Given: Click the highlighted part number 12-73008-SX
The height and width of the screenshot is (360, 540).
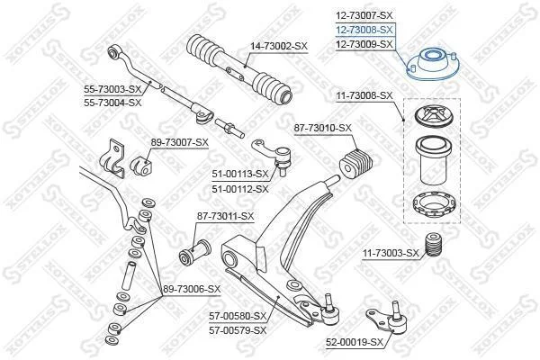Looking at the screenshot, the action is pyautogui.click(x=364, y=30).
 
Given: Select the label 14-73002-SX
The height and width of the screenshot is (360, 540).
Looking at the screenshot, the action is pyautogui.click(x=279, y=46).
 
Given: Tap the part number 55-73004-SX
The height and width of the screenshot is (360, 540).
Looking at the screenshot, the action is pyautogui.click(x=112, y=103).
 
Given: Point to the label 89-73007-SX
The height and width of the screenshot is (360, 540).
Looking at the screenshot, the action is pyautogui.click(x=179, y=142).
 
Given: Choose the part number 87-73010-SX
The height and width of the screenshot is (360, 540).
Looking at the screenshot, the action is pyautogui.click(x=323, y=128).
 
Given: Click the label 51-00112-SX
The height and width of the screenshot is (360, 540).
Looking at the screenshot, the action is pyautogui.click(x=240, y=189).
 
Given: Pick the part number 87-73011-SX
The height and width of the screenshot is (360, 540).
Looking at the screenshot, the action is pyautogui.click(x=225, y=216).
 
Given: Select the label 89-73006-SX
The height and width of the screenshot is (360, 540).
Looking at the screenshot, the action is pyautogui.click(x=192, y=290).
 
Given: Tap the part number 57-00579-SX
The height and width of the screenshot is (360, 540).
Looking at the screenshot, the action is pyautogui.click(x=238, y=330).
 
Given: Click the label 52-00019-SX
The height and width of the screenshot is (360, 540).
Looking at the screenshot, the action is pyautogui.click(x=355, y=342).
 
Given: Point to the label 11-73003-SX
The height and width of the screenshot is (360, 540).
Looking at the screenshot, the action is pyautogui.click(x=391, y=254).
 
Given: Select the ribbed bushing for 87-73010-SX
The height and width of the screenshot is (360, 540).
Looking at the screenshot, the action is pyautogui.click(x=356, y=163).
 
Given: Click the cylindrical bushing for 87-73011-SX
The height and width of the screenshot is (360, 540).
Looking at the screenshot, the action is pyautogui.click(x=195, y=253).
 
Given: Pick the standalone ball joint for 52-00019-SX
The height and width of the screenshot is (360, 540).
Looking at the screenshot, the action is pyautogui.click(x=389, y=319).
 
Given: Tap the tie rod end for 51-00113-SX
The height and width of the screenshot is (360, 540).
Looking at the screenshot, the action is pyautogui.click(x=273, y=156).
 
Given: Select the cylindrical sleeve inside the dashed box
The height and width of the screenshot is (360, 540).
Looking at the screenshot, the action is pyautogui.click(x=433, y=160).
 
